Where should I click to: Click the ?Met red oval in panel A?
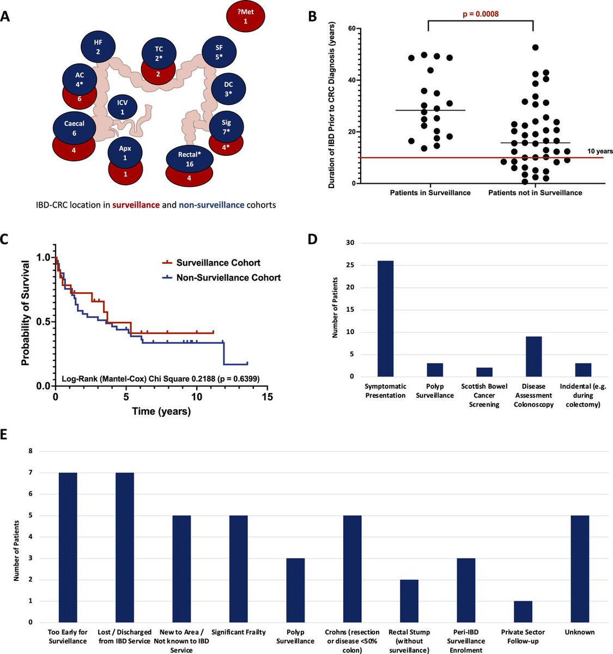tap(245, 16)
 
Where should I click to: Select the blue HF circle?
tap(98, 46)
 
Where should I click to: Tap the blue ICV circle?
tap(122, 107)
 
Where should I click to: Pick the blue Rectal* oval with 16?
tap(189, 159)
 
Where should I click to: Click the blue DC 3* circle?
tap(228, 89)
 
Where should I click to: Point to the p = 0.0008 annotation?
tap(480, 14)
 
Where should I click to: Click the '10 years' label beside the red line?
tap(600, 151)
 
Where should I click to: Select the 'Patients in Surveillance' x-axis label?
tap(430, 192)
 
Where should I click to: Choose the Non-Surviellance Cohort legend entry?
tap(228, 277)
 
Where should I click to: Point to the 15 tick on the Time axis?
tap(266, 398)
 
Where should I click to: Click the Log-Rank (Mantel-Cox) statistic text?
tap(160, 377)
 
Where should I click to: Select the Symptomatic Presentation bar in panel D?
tap(385, 318)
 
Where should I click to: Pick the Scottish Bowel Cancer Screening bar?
tap(484, 372)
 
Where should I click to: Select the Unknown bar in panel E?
tap(580, 568)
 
